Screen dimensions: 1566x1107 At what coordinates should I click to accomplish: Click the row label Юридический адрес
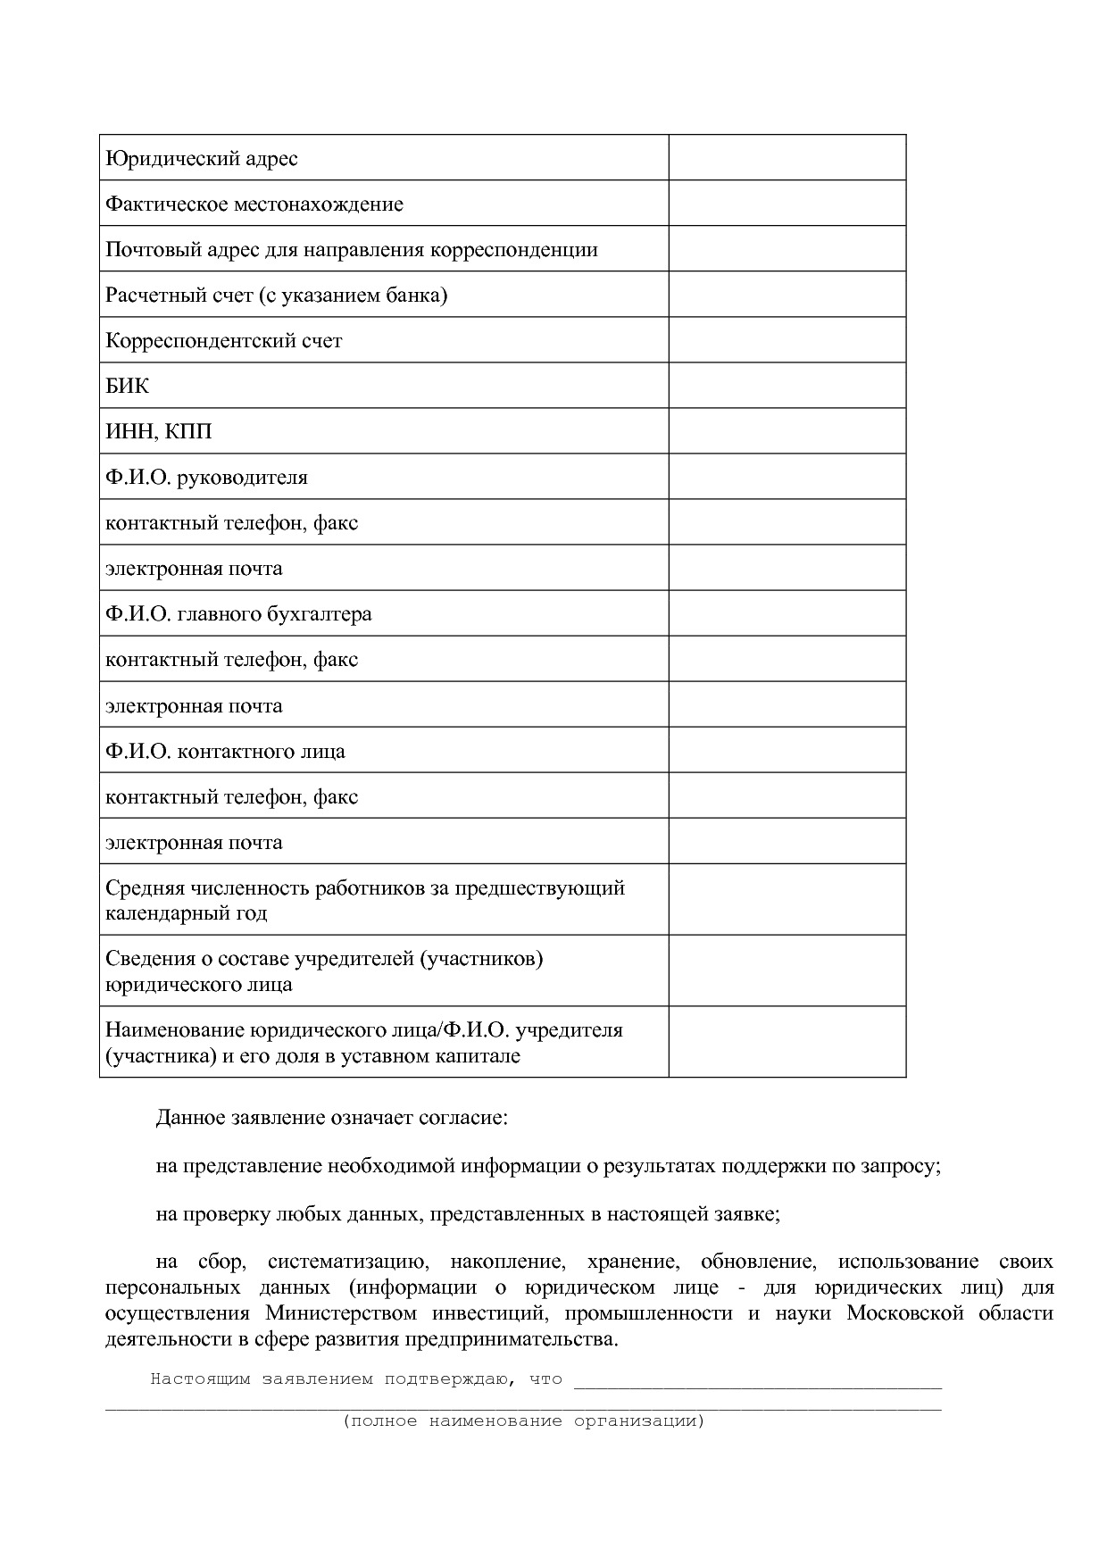[x=202, y=159]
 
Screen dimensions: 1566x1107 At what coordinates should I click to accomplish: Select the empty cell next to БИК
[x=787, y=386]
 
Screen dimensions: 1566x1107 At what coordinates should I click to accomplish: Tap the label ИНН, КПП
[x=159, y=432]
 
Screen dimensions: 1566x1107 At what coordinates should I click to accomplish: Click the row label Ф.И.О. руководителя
[x=206, y=478]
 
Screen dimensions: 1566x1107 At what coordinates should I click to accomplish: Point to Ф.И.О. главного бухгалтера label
[x=238, y=614]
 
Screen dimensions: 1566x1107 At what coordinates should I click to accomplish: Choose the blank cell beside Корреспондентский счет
[x=787, y=340]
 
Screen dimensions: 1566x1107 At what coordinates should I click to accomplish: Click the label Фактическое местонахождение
[x=254, y=204]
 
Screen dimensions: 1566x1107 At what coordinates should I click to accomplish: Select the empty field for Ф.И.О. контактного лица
[x=787, y=751]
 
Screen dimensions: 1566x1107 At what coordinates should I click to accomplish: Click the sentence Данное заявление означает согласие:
[x=331, y=1119]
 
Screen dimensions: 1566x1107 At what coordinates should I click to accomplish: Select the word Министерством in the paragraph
[x=341, y=1313]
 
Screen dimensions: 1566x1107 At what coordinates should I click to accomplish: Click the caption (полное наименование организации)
[x=524, y=1420]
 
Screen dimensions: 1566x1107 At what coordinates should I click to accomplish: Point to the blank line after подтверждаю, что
[x=757, y=1381]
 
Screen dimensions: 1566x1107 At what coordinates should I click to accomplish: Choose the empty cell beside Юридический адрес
[x=787, y=158]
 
